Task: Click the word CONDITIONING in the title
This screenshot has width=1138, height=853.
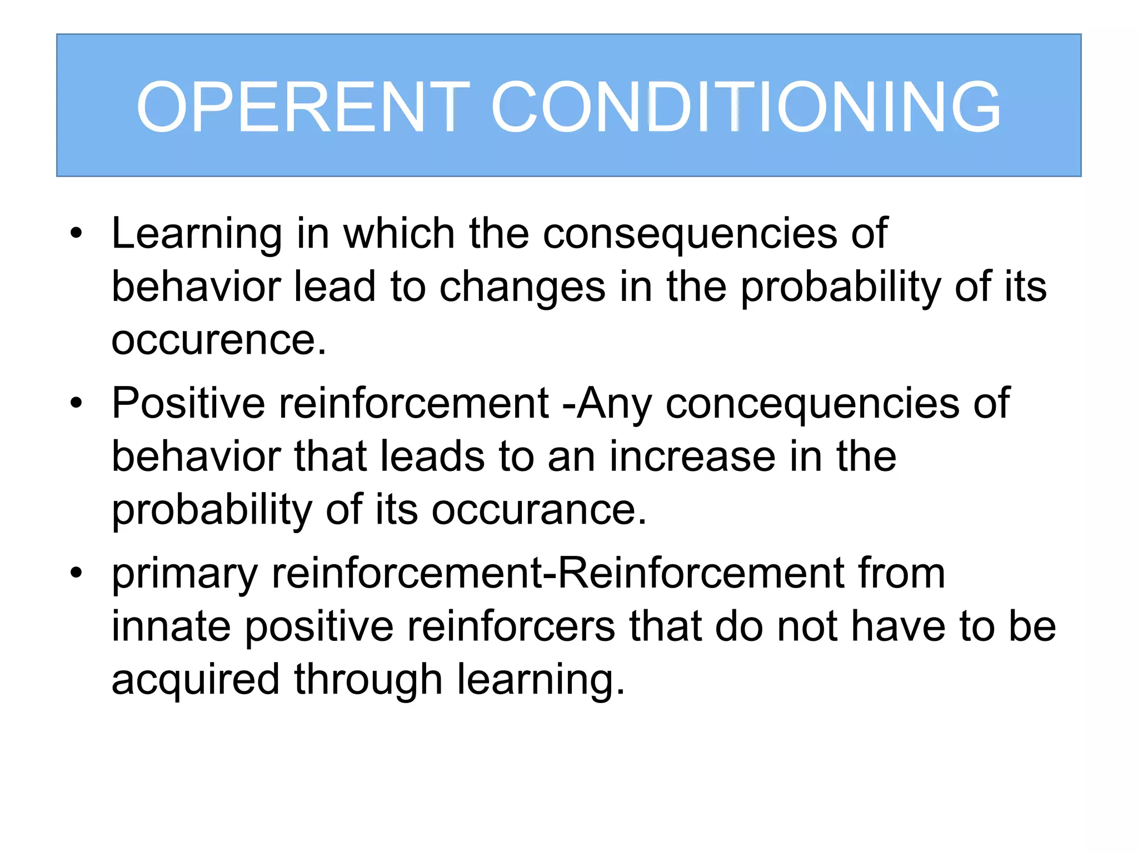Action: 746,107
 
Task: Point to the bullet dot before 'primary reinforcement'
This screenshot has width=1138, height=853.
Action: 76,572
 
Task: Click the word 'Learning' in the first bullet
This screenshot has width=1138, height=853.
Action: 197,234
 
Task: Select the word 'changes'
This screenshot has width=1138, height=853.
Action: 522,287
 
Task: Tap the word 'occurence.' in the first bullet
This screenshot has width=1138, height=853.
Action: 219,340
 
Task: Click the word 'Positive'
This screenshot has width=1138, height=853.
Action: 188,403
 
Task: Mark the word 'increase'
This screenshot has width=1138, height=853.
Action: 692,456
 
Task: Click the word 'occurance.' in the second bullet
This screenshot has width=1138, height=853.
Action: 539,509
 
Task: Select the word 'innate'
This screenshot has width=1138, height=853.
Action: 171,626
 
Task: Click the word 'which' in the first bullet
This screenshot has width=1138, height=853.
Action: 399,233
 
